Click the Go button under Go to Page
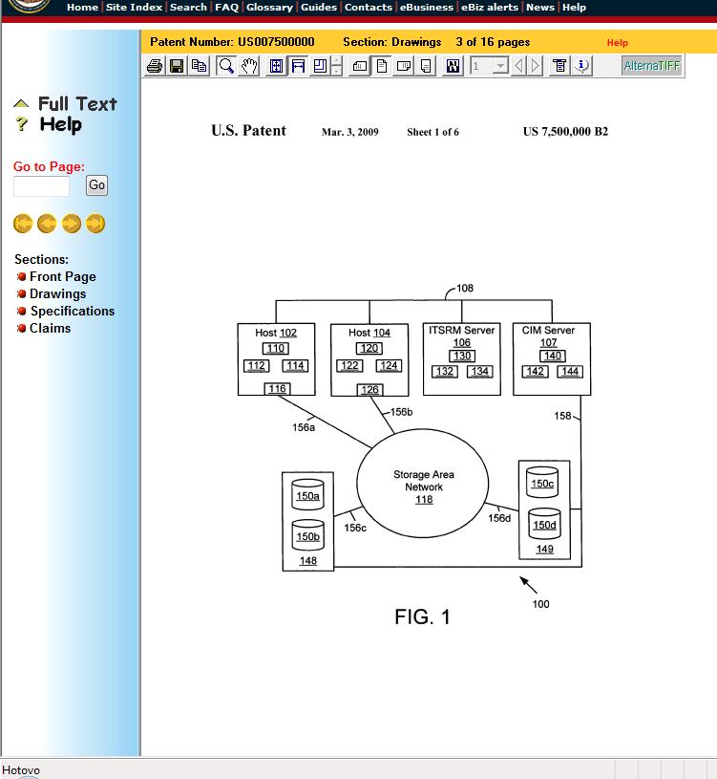[96, 185]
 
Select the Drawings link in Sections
[57, 293]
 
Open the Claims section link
[50, 328]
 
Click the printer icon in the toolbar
[155, 66]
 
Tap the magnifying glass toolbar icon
[226, 66]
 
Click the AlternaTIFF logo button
[651, 66]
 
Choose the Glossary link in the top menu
[269, 7]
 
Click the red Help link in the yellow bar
[618, 43]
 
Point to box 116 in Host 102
[277, 388]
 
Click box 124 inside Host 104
[389, 366]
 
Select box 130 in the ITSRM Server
[462, 356]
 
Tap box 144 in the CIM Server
[570, 371]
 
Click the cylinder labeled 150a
[307, 494]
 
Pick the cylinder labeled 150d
[544, 524]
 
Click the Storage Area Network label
[424, 481]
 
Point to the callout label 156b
[401, 412]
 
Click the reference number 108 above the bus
[465, 288]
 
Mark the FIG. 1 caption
[422, 617]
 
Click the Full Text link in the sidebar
[77, 104]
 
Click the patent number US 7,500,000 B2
[565, 132]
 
